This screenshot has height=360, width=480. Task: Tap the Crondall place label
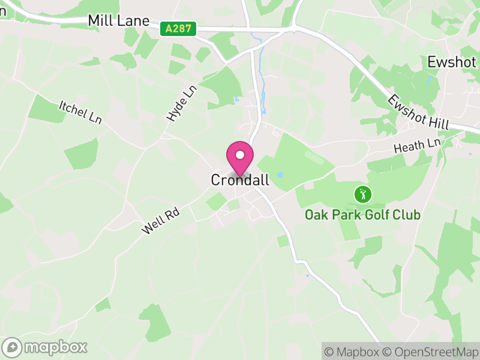click(x=240, y=180)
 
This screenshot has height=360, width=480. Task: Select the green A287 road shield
click(x=178, y=28)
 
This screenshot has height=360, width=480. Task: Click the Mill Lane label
click(x=118, y=21)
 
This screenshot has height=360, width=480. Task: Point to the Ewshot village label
click(x=452, y=62)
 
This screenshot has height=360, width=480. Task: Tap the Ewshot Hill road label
click(x=418, y=112)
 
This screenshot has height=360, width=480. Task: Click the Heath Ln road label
click(x=417, y=145)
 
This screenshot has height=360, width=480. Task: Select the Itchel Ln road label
click(x=80, y=112)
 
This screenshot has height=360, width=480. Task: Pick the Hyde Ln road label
click(x=181, y=103)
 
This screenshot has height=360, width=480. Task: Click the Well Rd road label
click(x=161, y=220)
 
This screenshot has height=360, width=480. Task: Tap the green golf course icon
click(x=362, y=194)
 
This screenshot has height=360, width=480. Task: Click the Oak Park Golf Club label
click(x=362, y=215)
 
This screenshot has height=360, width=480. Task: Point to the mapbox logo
click(x=45, y=347)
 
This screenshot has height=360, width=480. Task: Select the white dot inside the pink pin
click(x=240, y=155)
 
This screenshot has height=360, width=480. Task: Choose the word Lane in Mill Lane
click(x=134, y=21)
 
